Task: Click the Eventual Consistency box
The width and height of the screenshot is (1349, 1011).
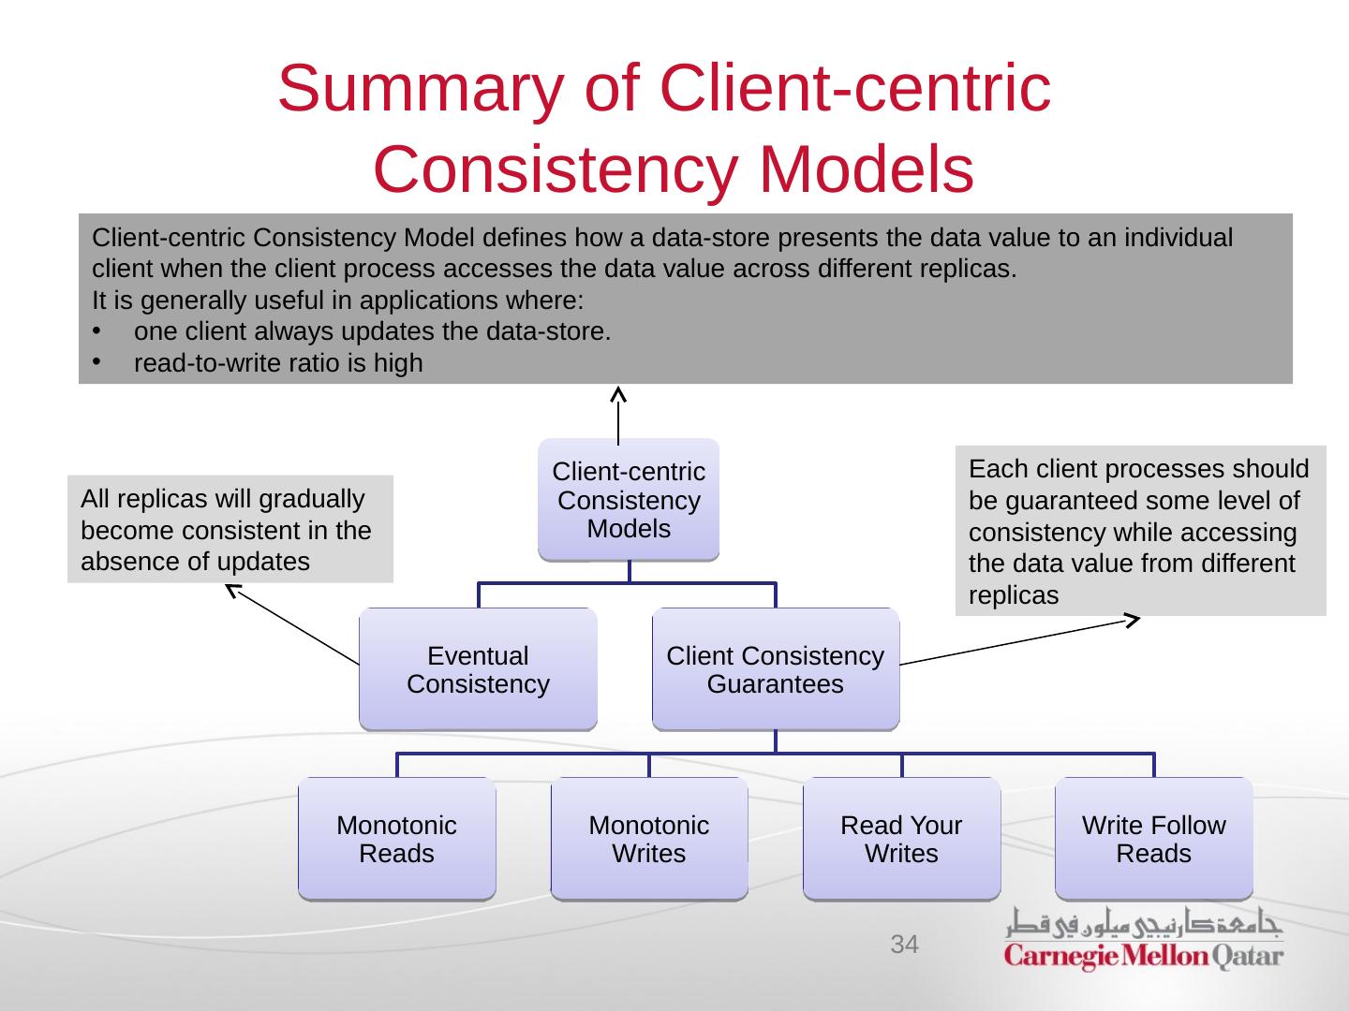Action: click(x=478, y=669)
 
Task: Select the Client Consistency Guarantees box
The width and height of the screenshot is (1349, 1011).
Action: click(x=776, y=669)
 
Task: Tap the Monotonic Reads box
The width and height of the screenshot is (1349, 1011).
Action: click(x=397, y=839)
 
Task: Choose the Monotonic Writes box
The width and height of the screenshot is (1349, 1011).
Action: click(x=649, y=839)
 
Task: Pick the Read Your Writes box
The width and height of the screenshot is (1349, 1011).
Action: click(x=901, y=839)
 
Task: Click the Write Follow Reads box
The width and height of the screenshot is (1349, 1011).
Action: click(x=1153, y=839)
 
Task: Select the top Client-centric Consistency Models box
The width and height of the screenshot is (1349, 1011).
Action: click(x=629, y=500)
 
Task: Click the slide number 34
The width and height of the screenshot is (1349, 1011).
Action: click(x=905, y=945)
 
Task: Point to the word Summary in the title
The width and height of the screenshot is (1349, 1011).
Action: click(x=421, y=90)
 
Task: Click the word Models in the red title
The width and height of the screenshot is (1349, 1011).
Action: click(x=867, y=168)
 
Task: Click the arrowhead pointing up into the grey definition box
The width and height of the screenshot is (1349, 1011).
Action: click(x=618, y=394)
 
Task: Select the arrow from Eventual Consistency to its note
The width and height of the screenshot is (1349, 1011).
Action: click(x=292, y=624)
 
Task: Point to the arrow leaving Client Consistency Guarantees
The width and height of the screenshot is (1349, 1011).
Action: click(x=1019, y=641)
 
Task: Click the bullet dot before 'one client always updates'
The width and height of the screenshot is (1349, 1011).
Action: click(x=96, y=331)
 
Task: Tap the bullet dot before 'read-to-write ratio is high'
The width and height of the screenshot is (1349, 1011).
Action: click(x=96, y=362)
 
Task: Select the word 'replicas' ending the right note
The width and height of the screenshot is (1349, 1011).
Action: click(x=1014, y=595)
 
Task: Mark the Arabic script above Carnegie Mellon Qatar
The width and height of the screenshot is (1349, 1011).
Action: click(x=1144, y=923)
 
